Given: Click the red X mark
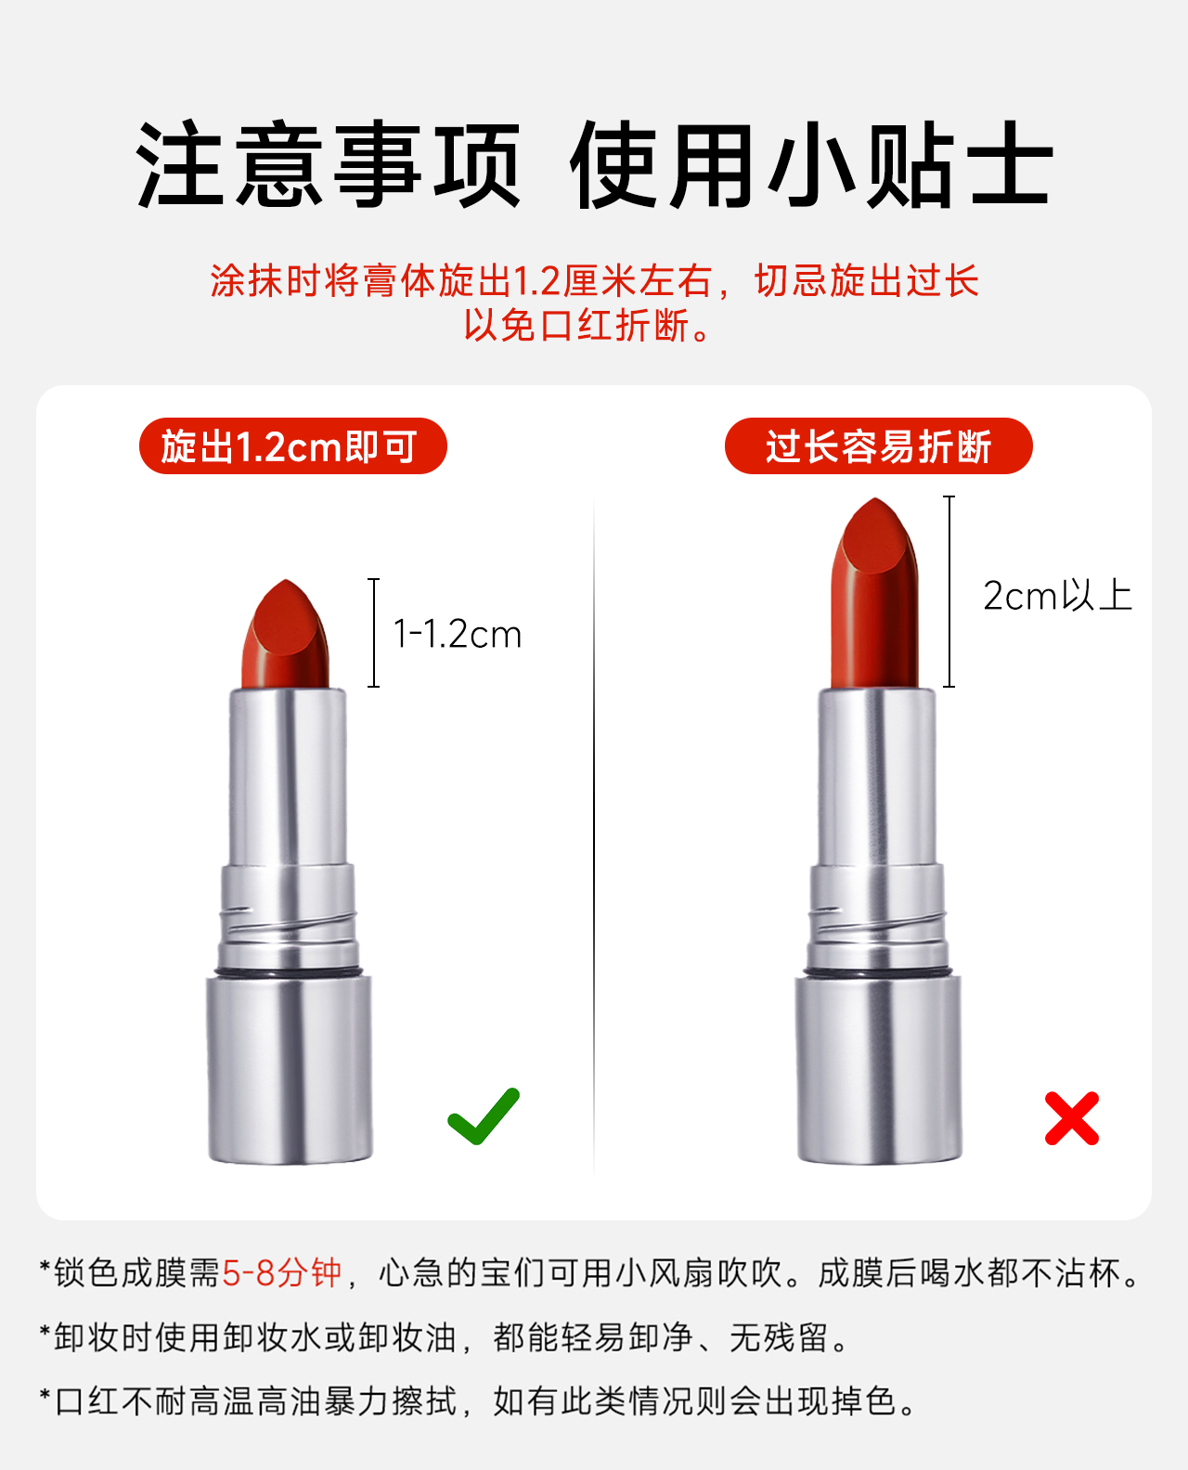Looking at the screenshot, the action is click(1071, 1118).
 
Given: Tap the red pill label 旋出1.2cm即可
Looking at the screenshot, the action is click(292, 445).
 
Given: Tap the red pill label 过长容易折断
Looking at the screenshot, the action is click(878, 445).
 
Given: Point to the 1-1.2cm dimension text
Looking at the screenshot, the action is click(458, 634).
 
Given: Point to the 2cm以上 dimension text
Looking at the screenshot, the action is click(1057, 595).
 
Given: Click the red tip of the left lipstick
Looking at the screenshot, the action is click(285, 634).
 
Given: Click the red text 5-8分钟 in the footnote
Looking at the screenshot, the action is click(281, 1272).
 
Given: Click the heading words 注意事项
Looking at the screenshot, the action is click(328, 164).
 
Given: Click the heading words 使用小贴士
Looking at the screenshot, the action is click(811, 164).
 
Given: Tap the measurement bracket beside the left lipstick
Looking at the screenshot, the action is click(373, 633).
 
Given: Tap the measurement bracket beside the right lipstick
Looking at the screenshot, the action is click(949, 591).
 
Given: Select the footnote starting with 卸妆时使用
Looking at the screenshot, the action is click(445, 1337).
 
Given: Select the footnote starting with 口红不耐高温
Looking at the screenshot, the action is click(479, 1401).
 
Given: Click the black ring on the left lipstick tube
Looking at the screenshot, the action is click(289, 973).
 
